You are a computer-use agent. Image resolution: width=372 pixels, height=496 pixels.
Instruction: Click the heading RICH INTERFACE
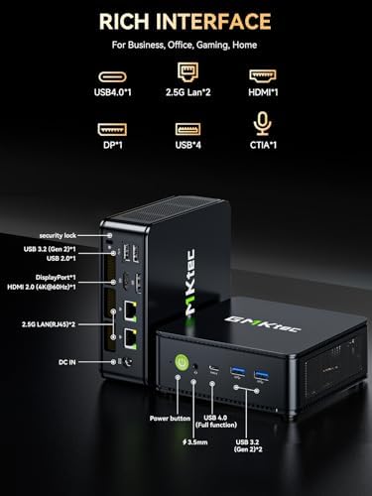click(186, 21)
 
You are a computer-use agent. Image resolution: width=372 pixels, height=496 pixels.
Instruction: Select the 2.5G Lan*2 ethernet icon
click(185, 72)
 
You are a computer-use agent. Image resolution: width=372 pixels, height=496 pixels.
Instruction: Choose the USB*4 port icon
click(185, 130)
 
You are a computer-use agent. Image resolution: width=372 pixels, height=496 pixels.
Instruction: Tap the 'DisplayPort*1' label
click(57, 278)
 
